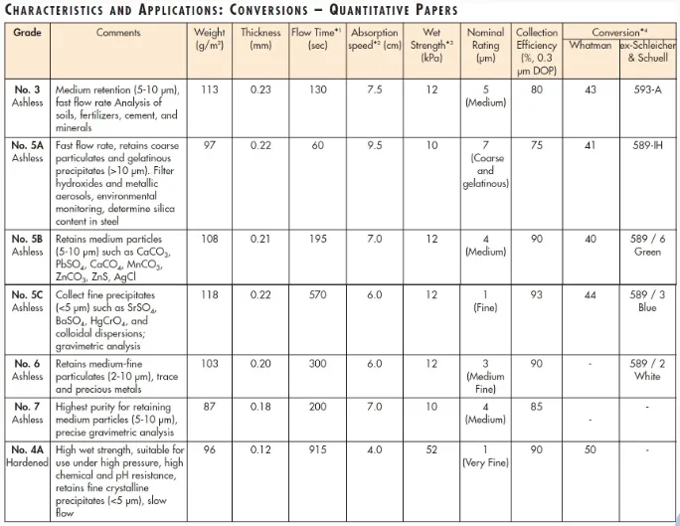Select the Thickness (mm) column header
coord(261,39)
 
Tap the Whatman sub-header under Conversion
coord(590,45)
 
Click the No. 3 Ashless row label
coord(26,95)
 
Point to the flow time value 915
coord(318,449)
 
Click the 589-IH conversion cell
coord(647,145)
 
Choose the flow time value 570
coord(318,295)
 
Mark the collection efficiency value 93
coord(537,295)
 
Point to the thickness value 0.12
coord(261,449)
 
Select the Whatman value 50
coord(590,449)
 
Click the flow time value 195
coord(318,240)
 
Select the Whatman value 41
coord(590,145)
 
